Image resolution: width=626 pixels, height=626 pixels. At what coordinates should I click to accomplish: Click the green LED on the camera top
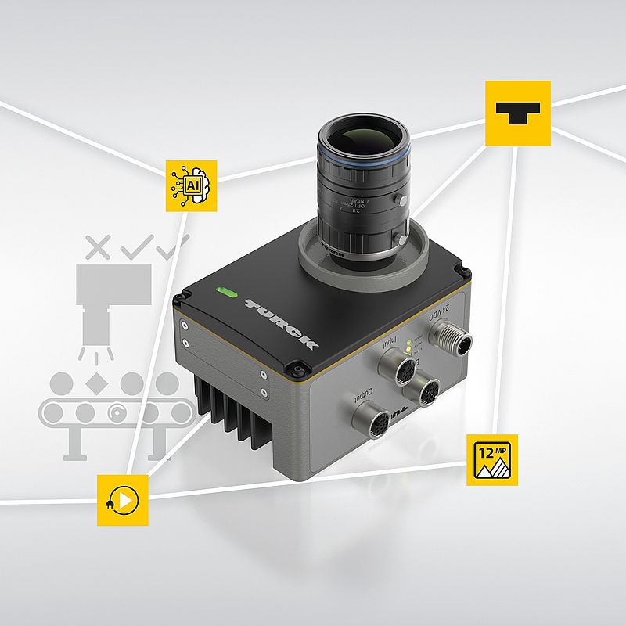click(x=228, y=294)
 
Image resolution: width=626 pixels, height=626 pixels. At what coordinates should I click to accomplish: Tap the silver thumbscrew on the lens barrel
click(x=401, y=200)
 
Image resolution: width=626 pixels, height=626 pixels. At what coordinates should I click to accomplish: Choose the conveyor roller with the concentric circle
click(x=119, y=411)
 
